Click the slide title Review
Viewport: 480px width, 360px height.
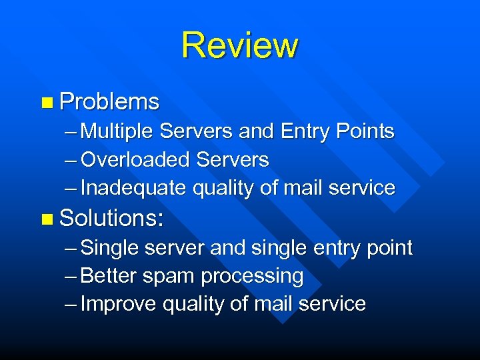coord(239,45)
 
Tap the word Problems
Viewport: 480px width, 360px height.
coord(109,101)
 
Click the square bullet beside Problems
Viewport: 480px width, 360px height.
coord(45,102)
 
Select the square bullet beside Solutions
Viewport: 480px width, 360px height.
coord(45,218)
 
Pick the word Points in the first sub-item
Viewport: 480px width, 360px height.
coord(365,131)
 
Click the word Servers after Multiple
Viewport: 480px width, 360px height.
coord(197,131)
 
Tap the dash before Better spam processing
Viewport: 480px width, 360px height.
coord(71,276)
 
